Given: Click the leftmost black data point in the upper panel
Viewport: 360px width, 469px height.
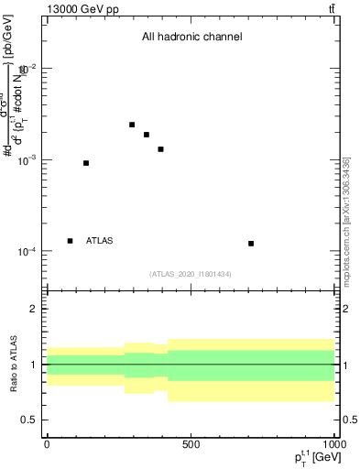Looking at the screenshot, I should tap(86, 163).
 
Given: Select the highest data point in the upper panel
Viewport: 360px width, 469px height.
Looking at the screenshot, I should tap(132, 125).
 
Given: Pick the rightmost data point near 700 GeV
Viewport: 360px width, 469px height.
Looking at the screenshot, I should tap(251, 244).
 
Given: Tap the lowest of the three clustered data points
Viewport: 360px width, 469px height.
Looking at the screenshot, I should tap(160, 149).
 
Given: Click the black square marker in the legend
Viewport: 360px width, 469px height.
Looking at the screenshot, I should tap(70, 241).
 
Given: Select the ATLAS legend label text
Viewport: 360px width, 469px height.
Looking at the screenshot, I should tap(100, 241).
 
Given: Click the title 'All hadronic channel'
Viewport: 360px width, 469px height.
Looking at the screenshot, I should tap(191, 38).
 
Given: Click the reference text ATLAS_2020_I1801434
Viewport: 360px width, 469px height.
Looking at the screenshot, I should tap(191, 274).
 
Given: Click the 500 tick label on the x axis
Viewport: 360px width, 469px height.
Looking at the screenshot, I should tap(191, 442).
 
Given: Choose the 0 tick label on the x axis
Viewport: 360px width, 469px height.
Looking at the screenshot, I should tap(47, 442).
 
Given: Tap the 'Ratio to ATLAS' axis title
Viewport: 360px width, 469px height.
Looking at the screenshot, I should tap(12, 365).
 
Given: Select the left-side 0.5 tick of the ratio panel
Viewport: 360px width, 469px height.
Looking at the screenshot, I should tap(33, 420).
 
